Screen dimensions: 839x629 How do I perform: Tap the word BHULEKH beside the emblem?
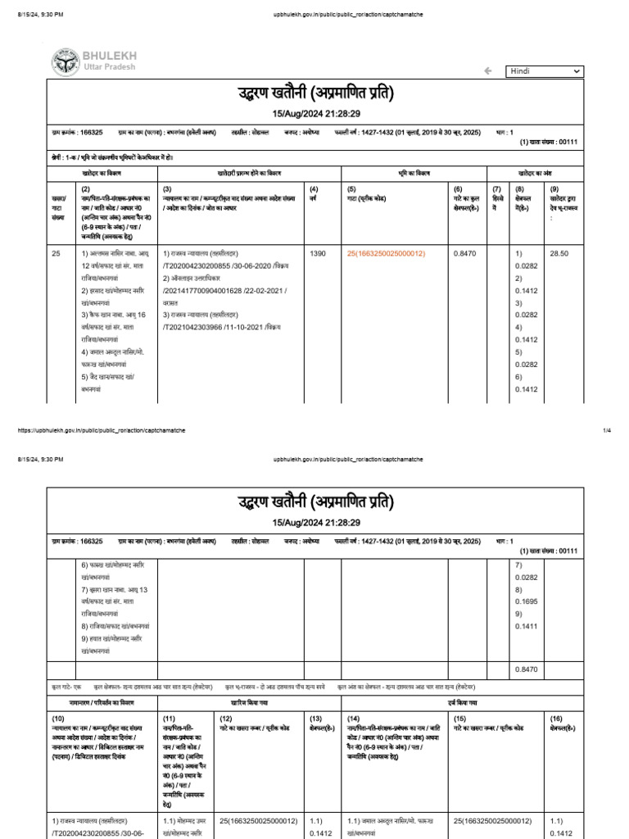[x=110, y=55]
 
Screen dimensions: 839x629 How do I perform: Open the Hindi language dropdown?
[x=545, y=71]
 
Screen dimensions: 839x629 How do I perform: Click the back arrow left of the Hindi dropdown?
[x=488, y=71]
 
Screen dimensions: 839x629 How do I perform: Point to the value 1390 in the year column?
[x=318, y=254]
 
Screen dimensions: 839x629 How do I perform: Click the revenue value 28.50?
[x=559, y=254]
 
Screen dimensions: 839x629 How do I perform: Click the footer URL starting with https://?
[x=97, y=429]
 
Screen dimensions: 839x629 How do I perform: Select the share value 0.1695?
[x=523, y=612]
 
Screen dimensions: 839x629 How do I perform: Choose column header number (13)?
[x=315, y=718]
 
